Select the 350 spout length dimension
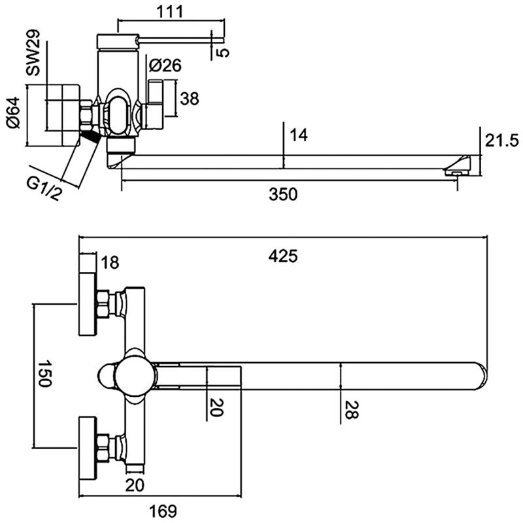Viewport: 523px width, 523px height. click(284, 195)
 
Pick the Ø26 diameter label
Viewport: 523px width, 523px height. click(164, 65)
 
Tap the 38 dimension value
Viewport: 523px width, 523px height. click(189, 99)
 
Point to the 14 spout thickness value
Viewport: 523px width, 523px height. click(298, 135)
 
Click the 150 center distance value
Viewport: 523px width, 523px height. click(44, 373)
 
